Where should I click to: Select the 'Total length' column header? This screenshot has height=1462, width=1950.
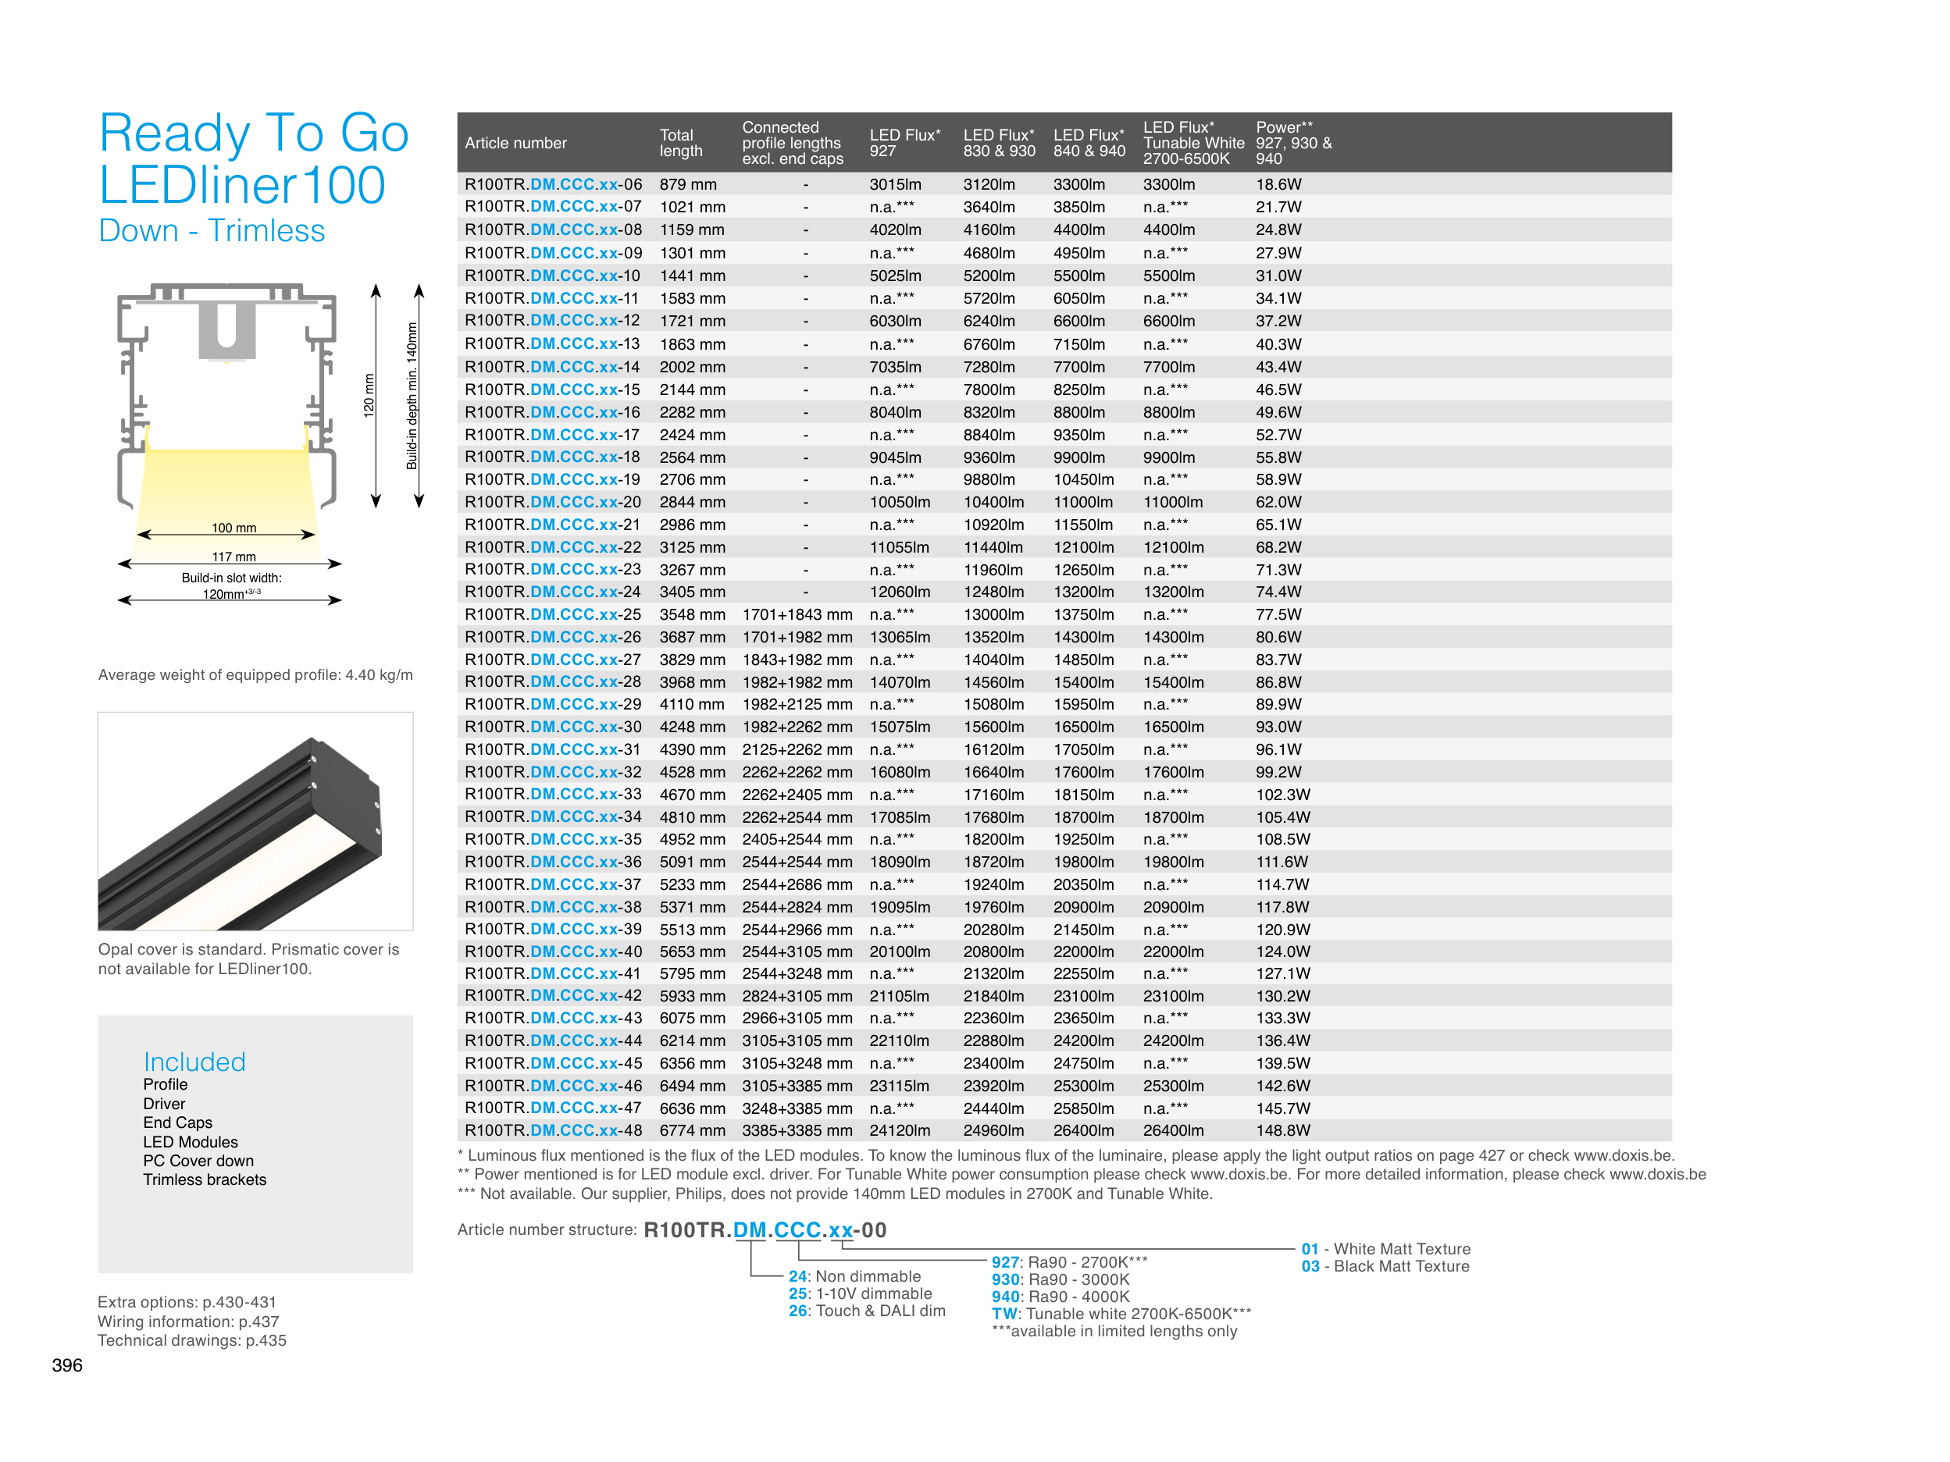click(x=680, y=143)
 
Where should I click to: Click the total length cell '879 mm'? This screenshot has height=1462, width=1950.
click(x=687, y=184)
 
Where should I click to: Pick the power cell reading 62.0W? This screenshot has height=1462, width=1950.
click(x=1278, y=503)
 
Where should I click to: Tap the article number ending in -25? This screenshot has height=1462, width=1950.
click(x=553, y=614)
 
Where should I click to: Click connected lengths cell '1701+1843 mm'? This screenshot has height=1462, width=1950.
click(x=797, y=614)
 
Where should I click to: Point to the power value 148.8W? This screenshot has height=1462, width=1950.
click(x=1282, y=1129)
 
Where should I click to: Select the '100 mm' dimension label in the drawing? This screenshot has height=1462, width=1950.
click(x=234, y=528)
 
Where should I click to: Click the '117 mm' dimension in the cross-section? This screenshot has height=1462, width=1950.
click(x=234, y=557)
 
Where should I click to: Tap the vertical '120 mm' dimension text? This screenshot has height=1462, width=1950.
click(x=369, y=395)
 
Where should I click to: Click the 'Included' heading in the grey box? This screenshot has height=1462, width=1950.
click(x=194, y=1062)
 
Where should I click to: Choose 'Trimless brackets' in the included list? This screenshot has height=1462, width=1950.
click(x=205, y=1180)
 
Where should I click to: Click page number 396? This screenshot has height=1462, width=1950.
click(x=67, y=1365)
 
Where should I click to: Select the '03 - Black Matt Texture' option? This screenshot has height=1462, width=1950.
click(x=1385, y=1266)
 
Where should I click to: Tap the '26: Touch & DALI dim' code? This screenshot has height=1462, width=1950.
click(x=867, y=1311)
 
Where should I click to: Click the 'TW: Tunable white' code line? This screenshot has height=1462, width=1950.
click(x=1121, y=1314)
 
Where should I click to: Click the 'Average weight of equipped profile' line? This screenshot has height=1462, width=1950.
click(x=255, y=675)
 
